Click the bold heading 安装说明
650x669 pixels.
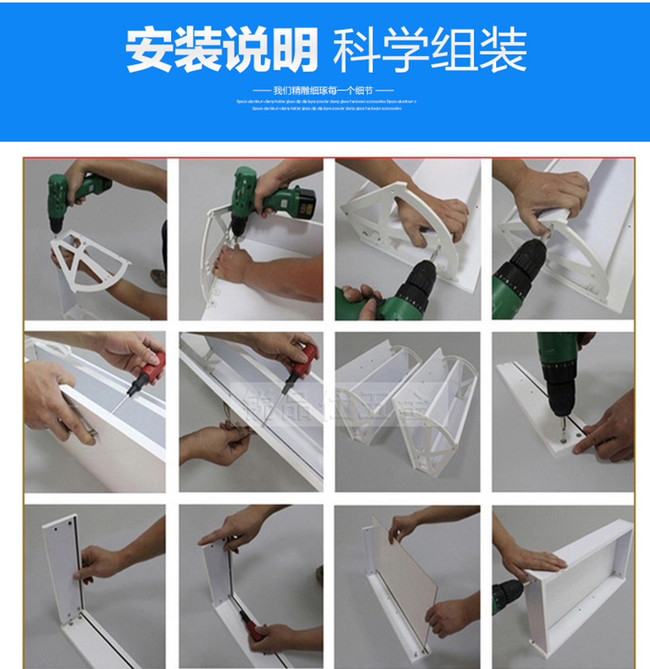point(222,50)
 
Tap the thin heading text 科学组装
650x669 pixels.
point(429,51)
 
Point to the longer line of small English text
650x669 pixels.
point(326,102)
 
